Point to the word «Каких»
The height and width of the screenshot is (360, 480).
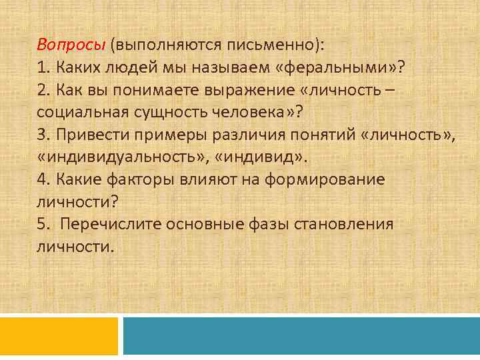pos(79,68)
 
